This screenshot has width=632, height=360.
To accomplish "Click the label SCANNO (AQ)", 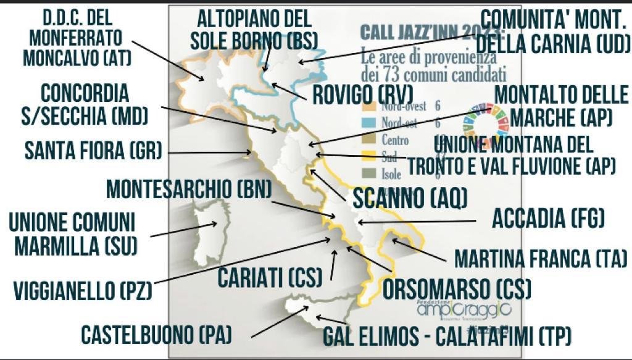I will [409, 198].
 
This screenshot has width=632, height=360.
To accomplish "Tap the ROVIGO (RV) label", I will [362, 96].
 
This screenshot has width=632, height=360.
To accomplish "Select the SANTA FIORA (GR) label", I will [93, 150].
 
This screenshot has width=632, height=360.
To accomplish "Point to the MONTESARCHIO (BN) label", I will [188, 189].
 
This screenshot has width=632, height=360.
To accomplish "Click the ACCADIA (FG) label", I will [547, 218].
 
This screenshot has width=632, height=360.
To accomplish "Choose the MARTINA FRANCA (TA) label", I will [541, 258].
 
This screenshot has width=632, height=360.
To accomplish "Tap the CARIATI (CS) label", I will [270, 277].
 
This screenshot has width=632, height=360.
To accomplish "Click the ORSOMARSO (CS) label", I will [457, 288].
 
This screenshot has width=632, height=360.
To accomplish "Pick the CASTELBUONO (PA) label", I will [156, 335].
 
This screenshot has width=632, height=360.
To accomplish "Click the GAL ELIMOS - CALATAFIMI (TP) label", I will [447, 337].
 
